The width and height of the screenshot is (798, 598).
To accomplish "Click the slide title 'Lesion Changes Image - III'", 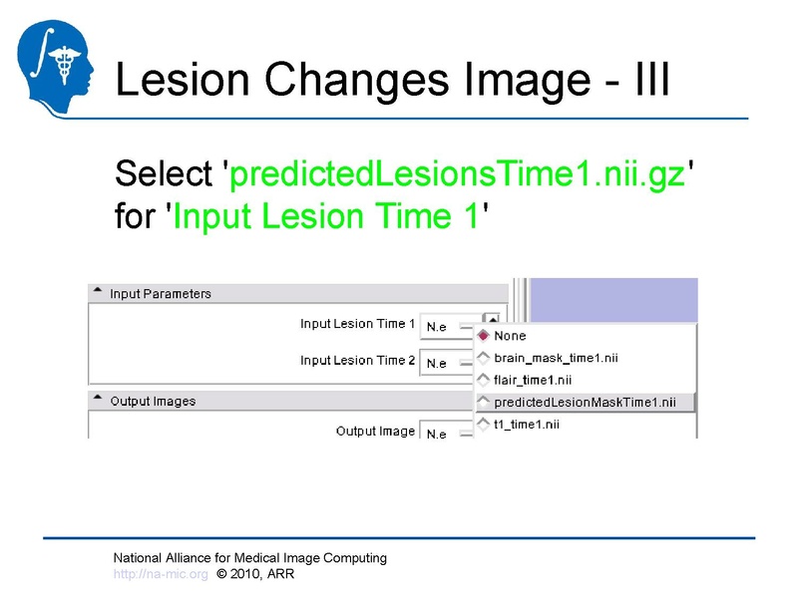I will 391,78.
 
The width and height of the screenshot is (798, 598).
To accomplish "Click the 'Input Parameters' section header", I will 161,294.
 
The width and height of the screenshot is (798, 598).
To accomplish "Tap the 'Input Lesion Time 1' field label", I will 358,324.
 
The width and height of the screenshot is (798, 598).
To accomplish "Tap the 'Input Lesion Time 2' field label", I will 358,361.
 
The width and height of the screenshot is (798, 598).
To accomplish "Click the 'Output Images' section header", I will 153,401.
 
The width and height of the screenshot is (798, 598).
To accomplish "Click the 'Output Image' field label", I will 375,432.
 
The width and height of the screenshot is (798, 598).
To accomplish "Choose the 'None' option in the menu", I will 510,336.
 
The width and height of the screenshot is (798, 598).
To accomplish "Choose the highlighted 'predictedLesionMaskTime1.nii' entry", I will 585,403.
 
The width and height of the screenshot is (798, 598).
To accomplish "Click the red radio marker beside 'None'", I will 484,336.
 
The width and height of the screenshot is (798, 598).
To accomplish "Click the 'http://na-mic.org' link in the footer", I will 161,575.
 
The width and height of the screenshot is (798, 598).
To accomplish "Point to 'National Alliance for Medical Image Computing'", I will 249,558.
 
